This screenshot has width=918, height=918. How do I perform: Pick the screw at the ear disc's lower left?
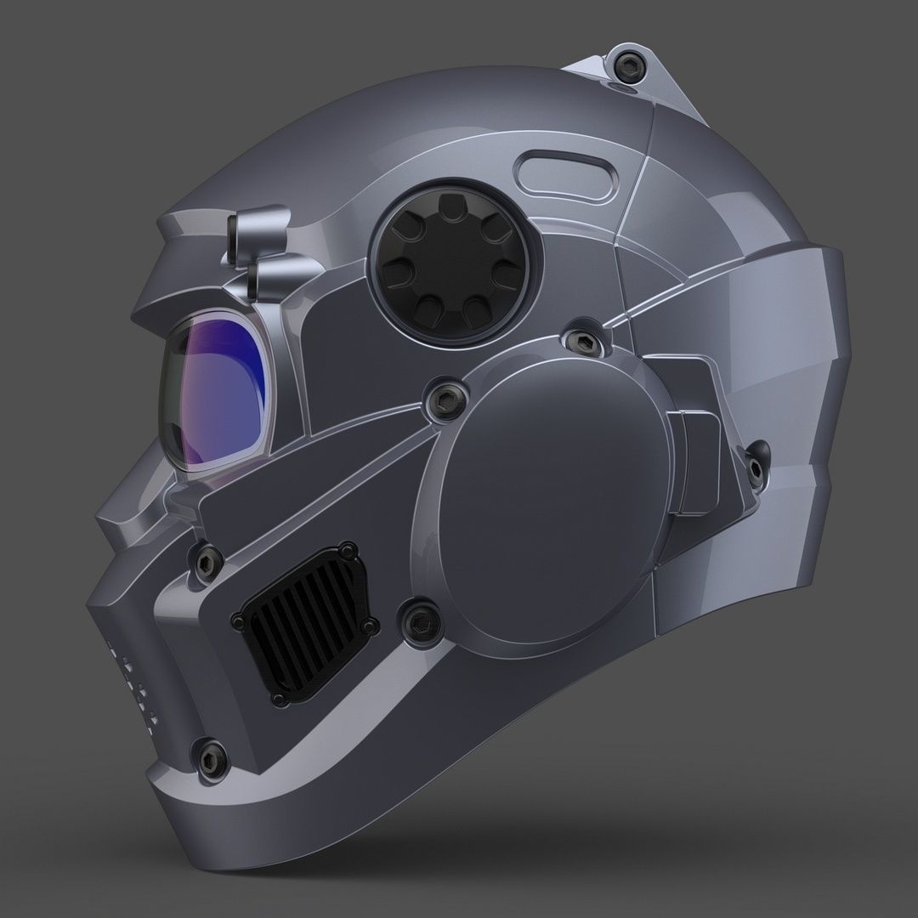point(417,620)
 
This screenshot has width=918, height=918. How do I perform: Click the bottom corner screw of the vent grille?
point(279,699)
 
